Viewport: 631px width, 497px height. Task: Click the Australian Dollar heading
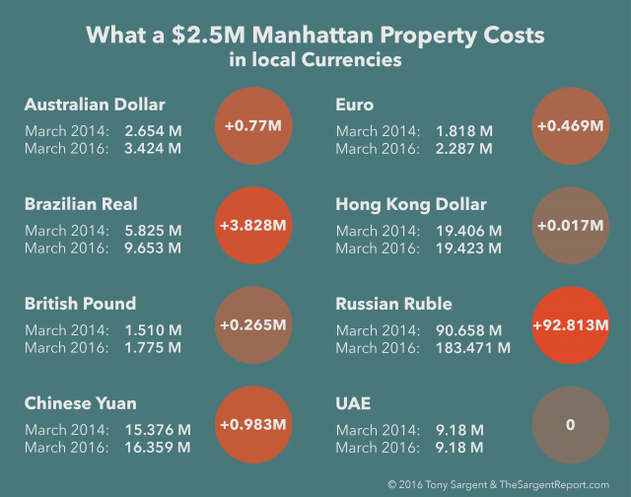95,105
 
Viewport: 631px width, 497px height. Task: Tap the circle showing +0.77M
253,126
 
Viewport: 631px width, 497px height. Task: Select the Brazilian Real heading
81,204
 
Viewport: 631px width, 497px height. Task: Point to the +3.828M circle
253,226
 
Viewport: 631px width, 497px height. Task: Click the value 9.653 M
153,248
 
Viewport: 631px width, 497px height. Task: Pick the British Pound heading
80,303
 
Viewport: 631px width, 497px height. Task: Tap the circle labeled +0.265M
253,324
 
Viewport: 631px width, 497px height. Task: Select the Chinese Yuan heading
80,402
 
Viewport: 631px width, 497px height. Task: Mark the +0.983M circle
253,424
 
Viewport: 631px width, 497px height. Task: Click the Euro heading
355,105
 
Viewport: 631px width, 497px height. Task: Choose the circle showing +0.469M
570,126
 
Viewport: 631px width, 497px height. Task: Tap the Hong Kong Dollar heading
411,204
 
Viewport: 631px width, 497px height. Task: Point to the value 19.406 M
468,231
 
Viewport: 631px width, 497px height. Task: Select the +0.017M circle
570,226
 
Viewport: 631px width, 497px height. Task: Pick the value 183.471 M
473,347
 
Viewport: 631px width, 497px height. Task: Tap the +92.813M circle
570,324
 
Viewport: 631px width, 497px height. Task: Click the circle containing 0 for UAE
570,424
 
